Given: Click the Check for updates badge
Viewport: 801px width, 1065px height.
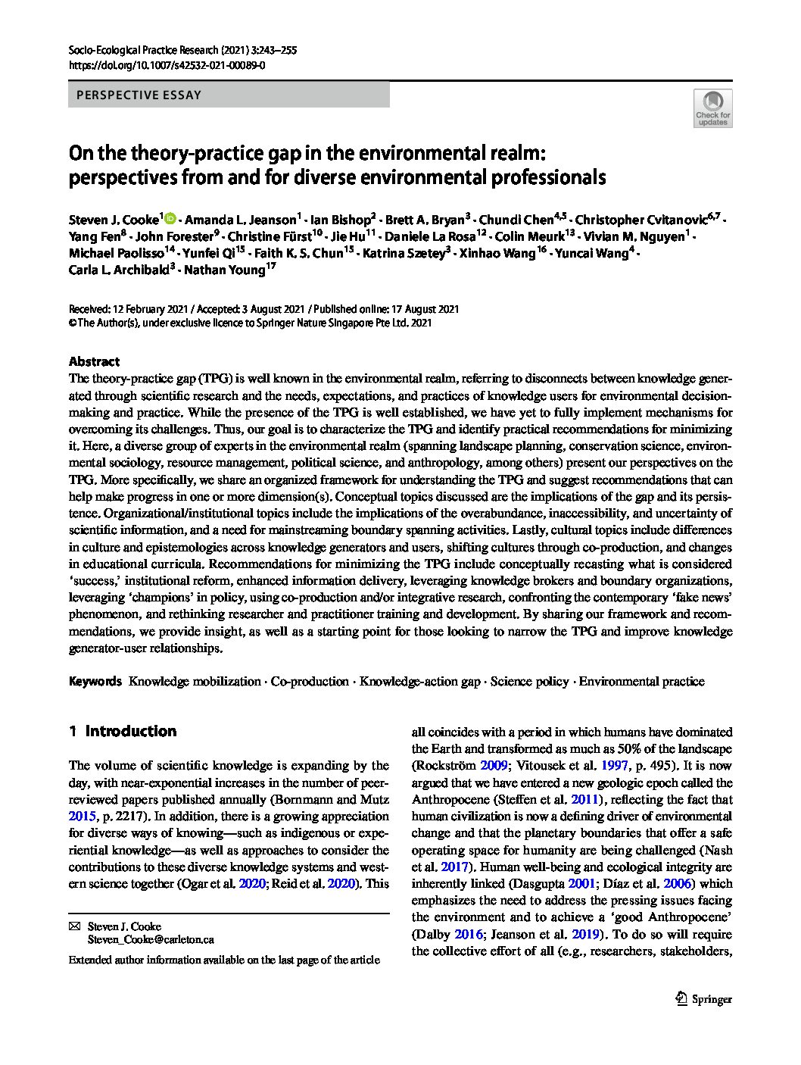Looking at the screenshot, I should coord(712,108).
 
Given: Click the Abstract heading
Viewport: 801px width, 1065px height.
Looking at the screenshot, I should coord(94,361).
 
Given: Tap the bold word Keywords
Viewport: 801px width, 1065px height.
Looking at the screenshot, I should coord(95,681).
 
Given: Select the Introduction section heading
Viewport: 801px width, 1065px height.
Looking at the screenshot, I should coord(130,731).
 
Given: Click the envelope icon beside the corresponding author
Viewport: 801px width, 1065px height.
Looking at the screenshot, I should coord(74,926).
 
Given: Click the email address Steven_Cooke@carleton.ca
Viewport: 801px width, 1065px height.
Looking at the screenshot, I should coord(151,939).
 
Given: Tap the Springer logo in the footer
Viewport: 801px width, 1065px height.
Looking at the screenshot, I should coord(703,998).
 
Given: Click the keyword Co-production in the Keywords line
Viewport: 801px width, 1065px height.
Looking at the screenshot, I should coord(310,681).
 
